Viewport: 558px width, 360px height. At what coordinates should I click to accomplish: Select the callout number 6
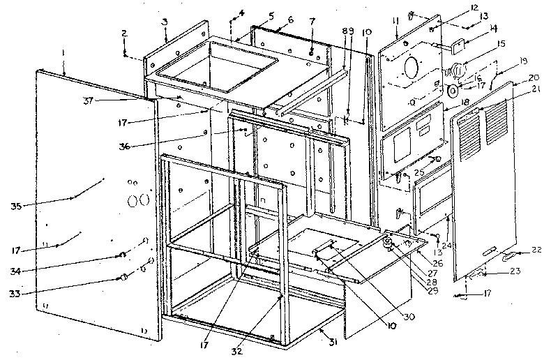(271, 19)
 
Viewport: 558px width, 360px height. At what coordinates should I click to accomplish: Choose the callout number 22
(536, 250)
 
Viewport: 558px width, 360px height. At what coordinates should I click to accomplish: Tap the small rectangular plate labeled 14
(459, 47)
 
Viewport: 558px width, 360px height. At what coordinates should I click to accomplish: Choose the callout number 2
(123, 33)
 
